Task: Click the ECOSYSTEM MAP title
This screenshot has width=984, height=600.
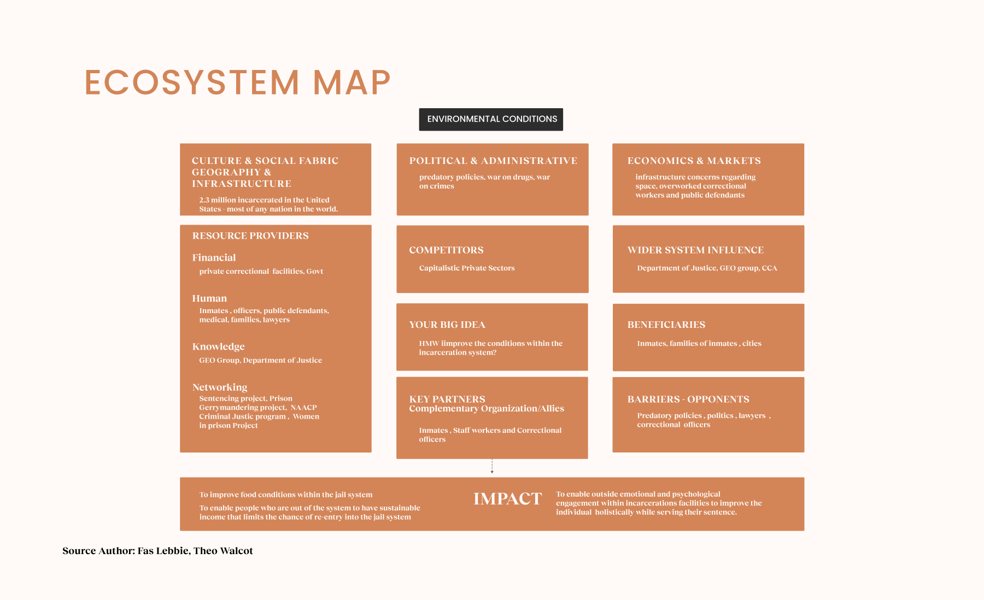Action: click(x=237, y=83)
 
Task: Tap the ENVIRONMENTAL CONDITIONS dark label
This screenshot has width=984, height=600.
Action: click(x=491, y=119)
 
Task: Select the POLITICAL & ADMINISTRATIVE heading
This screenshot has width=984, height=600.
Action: click(x=493, y=161)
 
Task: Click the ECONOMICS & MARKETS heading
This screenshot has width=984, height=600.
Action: click(x=694, y=161)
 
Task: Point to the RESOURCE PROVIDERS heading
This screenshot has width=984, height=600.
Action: click(x=250, y=236)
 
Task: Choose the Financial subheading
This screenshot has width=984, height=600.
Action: click(x=214, y=257)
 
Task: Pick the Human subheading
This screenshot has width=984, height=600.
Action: click(x=209, y=298)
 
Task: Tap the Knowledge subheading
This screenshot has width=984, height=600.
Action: click(x=218, y=346)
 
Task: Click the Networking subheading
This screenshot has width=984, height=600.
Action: click(x=220, y=387)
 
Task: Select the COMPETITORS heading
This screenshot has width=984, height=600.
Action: click(x=446, y=250)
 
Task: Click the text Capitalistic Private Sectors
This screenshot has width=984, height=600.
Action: click(x=467, y=268)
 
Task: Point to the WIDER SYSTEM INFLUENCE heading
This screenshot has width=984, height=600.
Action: click(x=695, y=250)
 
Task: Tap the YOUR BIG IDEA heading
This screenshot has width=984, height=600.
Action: click(x=447, y=325)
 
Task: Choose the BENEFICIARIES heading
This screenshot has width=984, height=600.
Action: click(x=666, y=325)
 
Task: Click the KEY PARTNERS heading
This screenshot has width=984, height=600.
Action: click(x=447, y=399)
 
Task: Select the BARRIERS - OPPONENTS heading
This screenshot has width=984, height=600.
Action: click(x=688, y=399)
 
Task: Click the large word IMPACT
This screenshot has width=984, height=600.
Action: click(x=507, y=499)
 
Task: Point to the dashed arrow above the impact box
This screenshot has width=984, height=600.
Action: click(x=492, y=466)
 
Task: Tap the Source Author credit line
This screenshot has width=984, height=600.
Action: click(x=157, y=551)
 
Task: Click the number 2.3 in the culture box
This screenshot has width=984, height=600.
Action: click(x=204, y=200)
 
